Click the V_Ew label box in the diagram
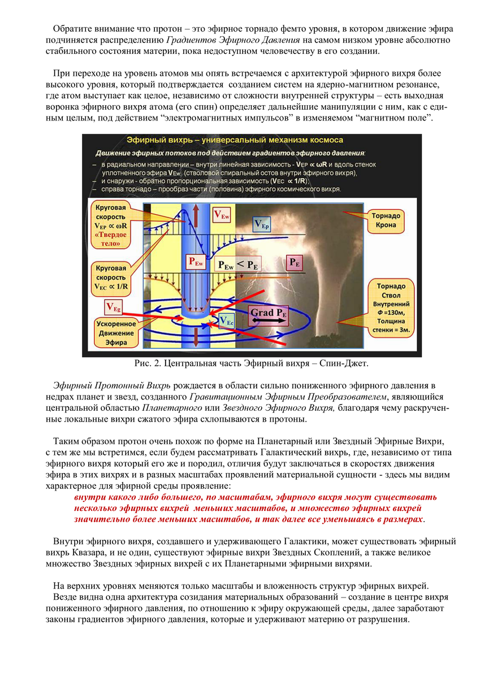pos(221,216)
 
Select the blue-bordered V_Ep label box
pos(262,225)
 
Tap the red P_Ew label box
pos(195,262)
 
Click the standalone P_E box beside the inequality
pos(295,262)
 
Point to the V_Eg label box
pos(113,307)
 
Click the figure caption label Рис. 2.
pos(147,362)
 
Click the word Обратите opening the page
pos(72,29)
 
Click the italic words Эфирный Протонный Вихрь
pos(112,386)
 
